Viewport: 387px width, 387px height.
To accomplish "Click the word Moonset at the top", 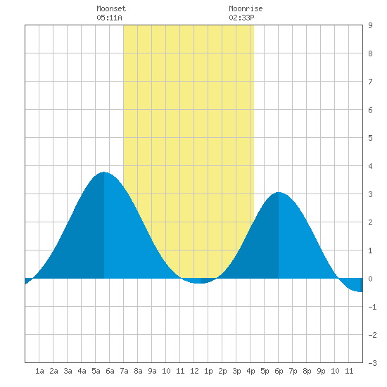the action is pos(111,8).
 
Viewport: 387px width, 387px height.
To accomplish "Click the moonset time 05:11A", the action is pos(109,18).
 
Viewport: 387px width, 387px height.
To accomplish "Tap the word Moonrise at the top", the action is pos(246,8).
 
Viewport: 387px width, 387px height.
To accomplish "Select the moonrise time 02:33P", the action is pos(241,18).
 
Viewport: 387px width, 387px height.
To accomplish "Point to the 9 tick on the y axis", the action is pos(370,25).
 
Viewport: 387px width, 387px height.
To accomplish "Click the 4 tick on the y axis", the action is pos(370,166).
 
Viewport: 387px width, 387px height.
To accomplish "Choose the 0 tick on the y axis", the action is pos(370,279).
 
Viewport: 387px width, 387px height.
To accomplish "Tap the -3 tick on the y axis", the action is pos(372,363).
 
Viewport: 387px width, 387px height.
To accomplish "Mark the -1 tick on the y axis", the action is pos(372,307).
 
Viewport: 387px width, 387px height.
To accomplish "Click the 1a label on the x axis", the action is pos(39,371).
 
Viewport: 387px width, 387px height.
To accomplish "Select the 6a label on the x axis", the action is pos(110,371).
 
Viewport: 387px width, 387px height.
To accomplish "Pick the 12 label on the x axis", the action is pos(194,371).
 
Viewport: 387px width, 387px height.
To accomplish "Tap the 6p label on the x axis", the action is pos(279,371).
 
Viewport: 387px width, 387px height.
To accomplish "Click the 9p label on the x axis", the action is pos(321,371).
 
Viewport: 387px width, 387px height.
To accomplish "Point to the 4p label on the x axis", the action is pos(250,371).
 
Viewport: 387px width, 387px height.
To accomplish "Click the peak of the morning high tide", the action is pos(104,172).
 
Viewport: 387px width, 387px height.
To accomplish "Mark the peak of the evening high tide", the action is pos(279,192).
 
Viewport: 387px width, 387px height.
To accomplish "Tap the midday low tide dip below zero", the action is pos(200,283).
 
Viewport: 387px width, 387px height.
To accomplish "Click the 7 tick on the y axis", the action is pos(370,82).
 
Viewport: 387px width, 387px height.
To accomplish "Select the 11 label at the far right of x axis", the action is pos(349,371).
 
